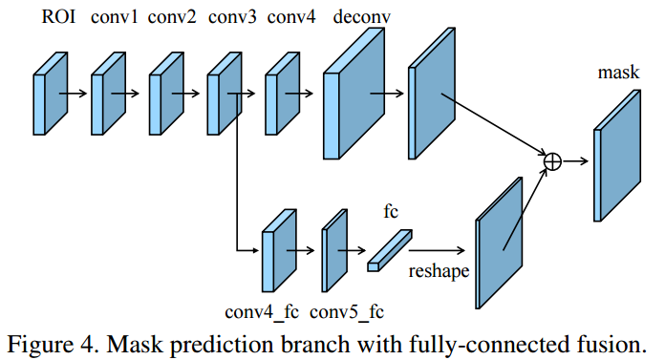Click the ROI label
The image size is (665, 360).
[58, 17]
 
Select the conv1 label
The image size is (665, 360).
[114, 17]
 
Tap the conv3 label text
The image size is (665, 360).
[232, 17]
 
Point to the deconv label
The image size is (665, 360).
[362, 17]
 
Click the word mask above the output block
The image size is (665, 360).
[618, 72]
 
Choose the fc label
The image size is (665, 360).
[391, 211]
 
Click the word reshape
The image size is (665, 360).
[439, 271]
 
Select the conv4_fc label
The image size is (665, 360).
[262, 312]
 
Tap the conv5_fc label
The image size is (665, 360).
[347, 312]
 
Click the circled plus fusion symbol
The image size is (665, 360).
[552, 161]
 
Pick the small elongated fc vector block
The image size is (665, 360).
[389, 250]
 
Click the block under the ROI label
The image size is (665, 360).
[51, 94]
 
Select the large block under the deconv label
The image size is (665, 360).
[354, 94]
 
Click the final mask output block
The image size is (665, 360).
[617, 156]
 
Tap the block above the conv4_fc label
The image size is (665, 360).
[279, 250]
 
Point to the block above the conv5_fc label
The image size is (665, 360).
[334, 250]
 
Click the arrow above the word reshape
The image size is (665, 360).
[437, 250]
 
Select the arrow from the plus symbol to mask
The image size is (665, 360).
[575, 161]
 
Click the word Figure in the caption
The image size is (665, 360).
[40, 345]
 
